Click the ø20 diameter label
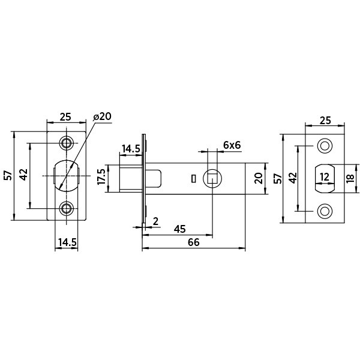[x=103, y=117]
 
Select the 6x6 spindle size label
[x=232, y=145]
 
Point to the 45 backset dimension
[x=179, y=229]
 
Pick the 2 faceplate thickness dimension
[x=155, y=221]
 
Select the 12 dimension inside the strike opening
[x=324, y=177]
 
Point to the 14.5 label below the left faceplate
[x=67, y=242]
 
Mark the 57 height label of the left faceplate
[x=8, y=175]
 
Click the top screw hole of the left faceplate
[x=67, y=143]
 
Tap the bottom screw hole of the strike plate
[x=325, y=210]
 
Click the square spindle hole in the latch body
[x=212, y=178]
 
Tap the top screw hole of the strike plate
[x=325, y=145]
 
